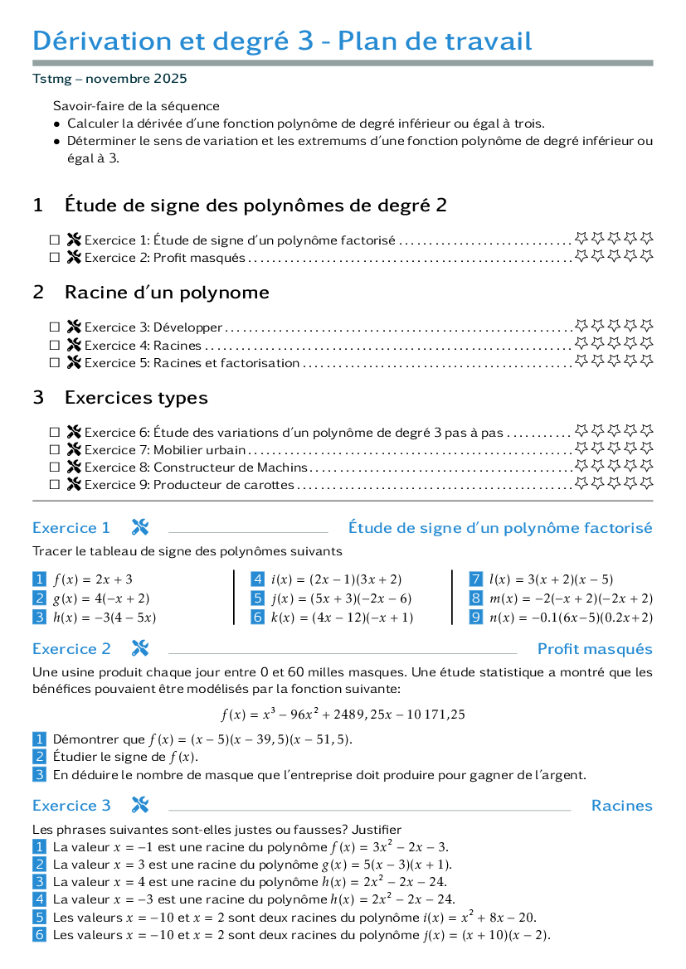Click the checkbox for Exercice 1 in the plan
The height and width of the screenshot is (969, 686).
click(x=55, y=240)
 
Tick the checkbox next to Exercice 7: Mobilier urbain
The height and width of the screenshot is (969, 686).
click(x=55, y=450)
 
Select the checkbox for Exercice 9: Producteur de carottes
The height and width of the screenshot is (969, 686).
click(x=55, y=485)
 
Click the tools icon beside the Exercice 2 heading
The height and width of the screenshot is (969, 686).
click(x=140, y=648)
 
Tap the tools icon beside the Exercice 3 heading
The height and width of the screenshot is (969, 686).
click(x=140, y=805)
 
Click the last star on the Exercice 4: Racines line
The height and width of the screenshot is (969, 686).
click(x=646, y=342)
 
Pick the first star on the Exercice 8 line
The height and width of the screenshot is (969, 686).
click(x=581, y=465)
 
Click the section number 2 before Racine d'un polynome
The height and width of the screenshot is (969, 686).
click(x=38, y=293)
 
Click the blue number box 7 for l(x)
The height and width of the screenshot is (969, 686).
click(x=475, y=579)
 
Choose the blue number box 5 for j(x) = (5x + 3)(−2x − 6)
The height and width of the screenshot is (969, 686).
click(x=257, y=598)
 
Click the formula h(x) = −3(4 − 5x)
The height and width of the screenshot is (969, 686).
click(x=105, y=618)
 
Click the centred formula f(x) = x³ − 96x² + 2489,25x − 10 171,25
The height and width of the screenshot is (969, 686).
click(x=343, y=714)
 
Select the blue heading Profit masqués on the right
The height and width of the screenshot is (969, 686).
click(x=595, y=649)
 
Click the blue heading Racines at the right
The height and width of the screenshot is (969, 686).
click(x=621, y=805)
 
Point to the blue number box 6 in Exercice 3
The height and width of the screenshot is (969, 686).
click(x=40, y=934)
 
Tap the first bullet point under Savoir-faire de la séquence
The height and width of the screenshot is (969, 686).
click(x=57, y=124)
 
